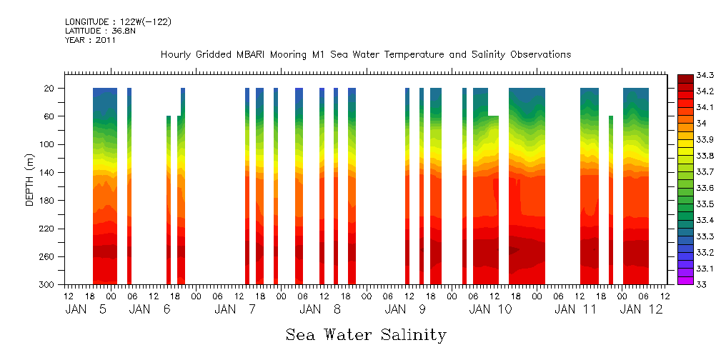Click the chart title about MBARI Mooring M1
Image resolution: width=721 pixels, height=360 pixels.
pos(366,54)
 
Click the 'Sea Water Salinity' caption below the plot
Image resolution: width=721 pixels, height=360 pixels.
pos(366,335)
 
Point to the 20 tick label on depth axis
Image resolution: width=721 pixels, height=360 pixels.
pos(49,88)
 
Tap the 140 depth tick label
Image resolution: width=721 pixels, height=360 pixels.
pos(47,172)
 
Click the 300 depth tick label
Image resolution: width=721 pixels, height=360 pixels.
pos(47,284)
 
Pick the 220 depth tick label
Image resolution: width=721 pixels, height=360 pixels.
pos(47,229)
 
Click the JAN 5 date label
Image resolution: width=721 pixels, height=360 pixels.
pos(86,309)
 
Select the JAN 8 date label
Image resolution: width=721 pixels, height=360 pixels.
pos(320,309)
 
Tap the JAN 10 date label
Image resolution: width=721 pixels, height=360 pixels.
pos(491,309)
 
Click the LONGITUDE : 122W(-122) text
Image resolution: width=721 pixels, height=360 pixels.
pos(118,21)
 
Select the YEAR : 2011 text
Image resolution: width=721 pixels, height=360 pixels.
pos(90,40)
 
